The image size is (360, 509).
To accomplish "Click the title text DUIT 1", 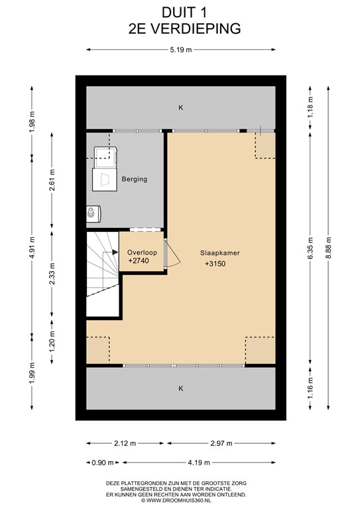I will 180,12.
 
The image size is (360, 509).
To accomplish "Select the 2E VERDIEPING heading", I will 180,28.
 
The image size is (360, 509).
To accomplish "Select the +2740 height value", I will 140,262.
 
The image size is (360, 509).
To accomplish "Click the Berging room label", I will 134,179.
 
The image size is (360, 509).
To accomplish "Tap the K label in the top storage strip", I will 180,107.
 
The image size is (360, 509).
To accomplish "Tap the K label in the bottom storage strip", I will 180,388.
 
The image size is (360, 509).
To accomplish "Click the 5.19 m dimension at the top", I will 180,50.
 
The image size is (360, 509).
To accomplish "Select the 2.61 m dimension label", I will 54,180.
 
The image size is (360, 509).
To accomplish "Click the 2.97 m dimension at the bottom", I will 220,443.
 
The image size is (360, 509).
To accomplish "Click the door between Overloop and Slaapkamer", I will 170,253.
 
